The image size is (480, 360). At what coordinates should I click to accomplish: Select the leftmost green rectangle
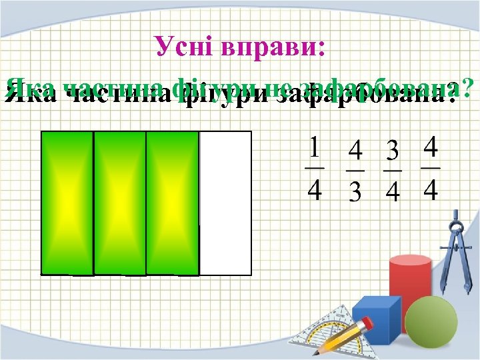pyautogui.click(x=67, y=203)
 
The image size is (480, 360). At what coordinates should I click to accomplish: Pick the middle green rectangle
pyautogui.click(x=119, y=203)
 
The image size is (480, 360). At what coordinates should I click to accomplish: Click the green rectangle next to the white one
pyautogui.click(x=172, y=203)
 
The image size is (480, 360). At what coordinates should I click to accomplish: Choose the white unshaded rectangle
pyautogui.click(x=225, y=203)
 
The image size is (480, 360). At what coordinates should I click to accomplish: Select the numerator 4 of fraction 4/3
pyautogui.click(x=356, y=151)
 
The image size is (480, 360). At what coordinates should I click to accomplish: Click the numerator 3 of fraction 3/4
pyautogui.click(x=393, y=151)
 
